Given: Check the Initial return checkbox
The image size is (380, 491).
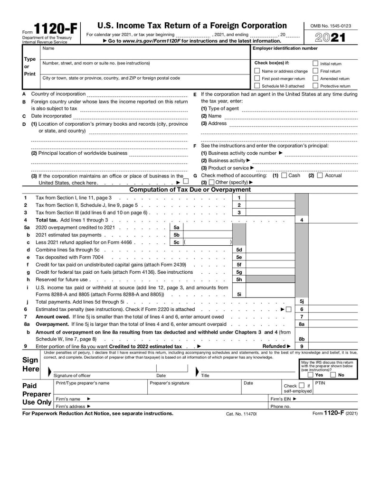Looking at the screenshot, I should [x=315, y=64].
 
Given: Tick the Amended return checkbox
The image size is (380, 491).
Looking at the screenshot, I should [x=315, y=78].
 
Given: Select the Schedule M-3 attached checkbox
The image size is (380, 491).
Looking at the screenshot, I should [x=257, y=86].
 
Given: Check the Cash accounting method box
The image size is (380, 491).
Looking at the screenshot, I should [x=284, y=176].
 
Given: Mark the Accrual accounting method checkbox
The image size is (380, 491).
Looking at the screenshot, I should [x=320, y=176].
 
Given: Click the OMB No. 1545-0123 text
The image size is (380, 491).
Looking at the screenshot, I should [x=331, y=26].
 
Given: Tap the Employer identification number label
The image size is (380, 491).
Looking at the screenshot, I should [x=285, y=48].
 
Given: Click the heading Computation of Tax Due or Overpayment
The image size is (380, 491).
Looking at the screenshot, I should [x=190, y=190].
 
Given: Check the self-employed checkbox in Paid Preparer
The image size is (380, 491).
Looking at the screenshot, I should [x=302, y=386].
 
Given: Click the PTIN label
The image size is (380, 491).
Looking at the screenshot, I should [x=320, y=383].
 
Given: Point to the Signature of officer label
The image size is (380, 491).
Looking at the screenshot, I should [x=72, y=375].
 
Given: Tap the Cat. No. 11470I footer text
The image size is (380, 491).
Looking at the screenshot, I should [x=241, y=414].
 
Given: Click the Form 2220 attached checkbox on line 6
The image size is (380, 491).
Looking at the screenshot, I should [x=288, y=309].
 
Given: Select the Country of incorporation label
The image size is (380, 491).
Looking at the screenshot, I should [x=58, y=94].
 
